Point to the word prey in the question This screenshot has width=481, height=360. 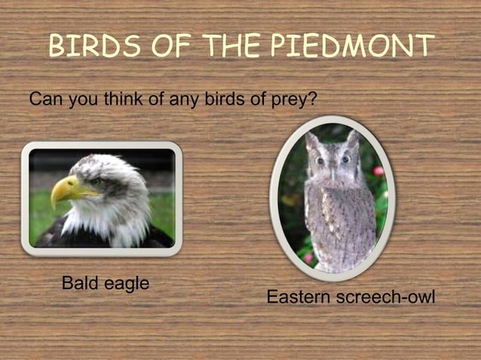(x=287, y=99)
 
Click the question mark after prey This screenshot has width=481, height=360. (x=311, y=99)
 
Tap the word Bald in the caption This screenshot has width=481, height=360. (x=79, y=284)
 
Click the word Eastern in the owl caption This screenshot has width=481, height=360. (x=297, y=297)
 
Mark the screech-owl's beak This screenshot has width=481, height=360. (x=332, y=171)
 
